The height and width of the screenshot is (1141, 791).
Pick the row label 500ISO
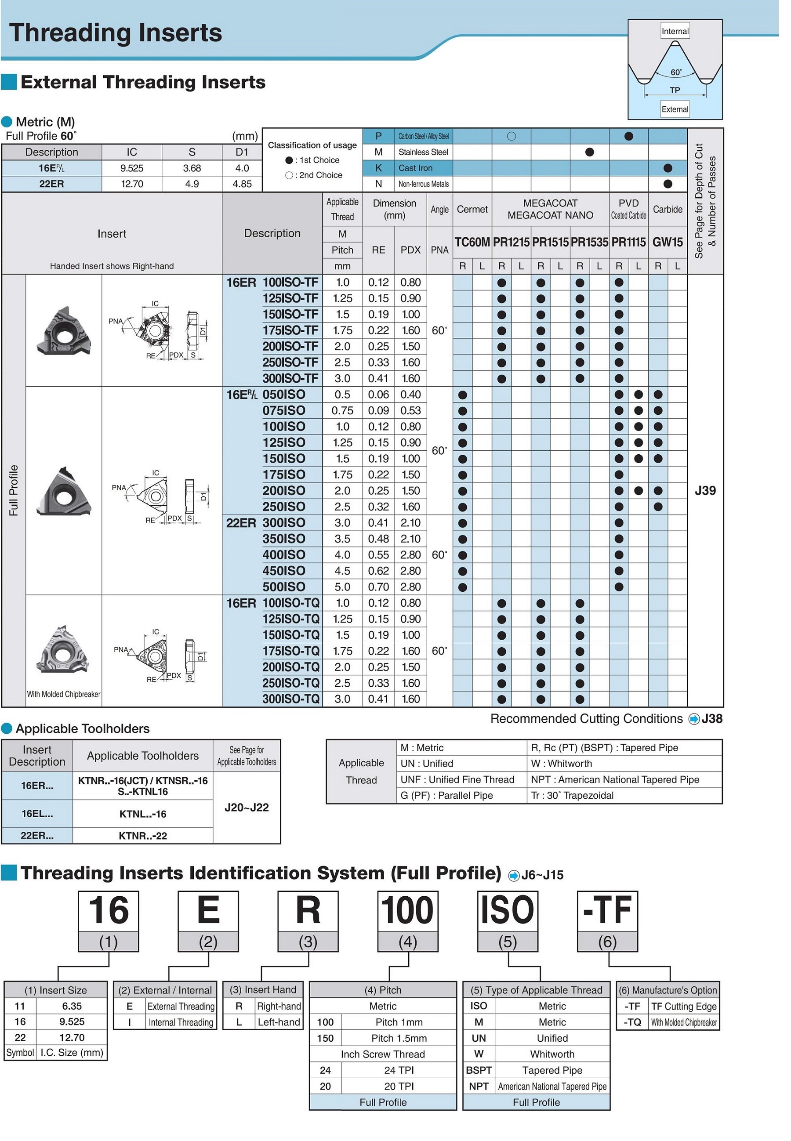coord(283,587)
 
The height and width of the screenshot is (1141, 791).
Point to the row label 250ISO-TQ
coord(291,683)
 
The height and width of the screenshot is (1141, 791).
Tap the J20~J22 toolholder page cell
coord(247,808)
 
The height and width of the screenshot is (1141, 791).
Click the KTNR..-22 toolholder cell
coord(143,836)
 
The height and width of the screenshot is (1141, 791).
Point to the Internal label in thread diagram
coord(675,31)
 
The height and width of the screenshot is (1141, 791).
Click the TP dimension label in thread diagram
coord(675,90)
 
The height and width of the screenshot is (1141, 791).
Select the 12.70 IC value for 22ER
coord(132,184)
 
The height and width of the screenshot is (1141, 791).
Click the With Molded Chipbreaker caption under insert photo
coord(63,695)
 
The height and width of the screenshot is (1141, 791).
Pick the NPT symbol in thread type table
coord(479,1087)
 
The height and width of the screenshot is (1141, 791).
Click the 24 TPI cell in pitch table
coord(399,1070)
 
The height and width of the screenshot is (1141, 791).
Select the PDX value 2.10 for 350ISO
coord(410,539)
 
